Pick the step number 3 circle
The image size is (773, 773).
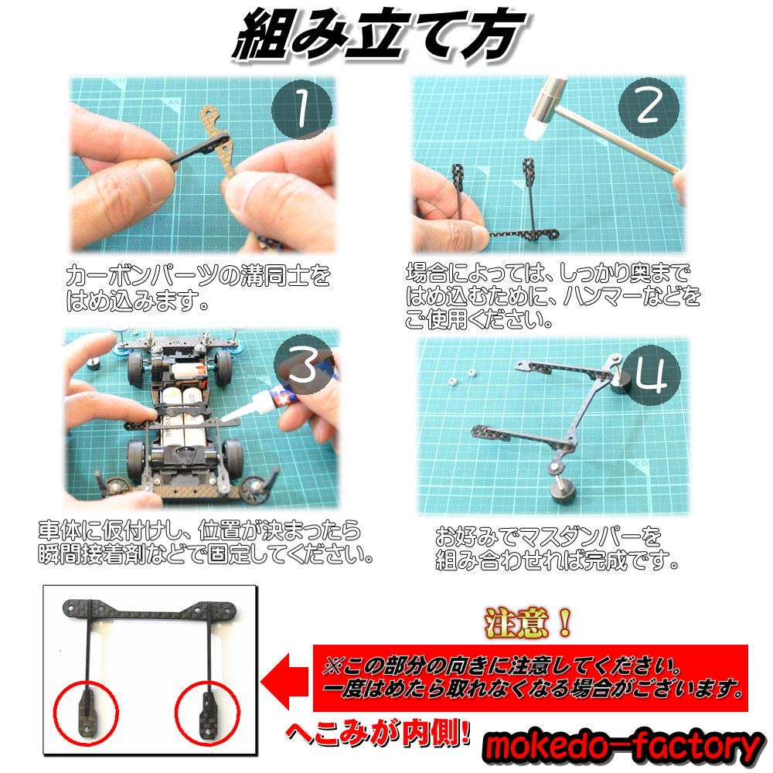304,370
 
